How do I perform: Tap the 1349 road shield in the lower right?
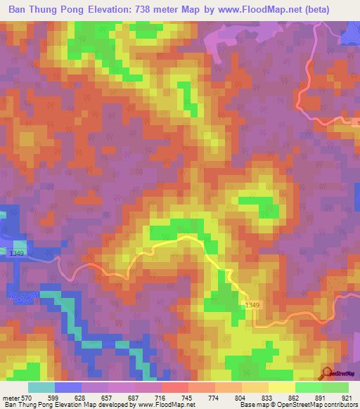(x=253, y=304)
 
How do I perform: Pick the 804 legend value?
(x=241, y=398)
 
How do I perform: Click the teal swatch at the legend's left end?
(x=41, y=387)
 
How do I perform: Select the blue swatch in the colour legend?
(x=68, y=387)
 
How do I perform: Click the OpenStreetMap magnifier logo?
(x=328, y=373)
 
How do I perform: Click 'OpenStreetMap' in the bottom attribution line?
(x=310, y=405)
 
